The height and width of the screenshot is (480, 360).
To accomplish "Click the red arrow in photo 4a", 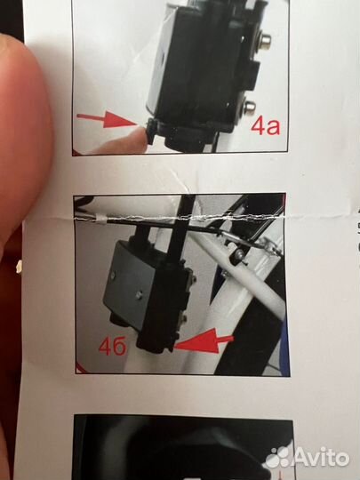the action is tap(108, 119).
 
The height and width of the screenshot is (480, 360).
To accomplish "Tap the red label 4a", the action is tap(265, 126).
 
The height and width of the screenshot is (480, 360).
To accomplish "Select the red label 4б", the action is tap(112, 347).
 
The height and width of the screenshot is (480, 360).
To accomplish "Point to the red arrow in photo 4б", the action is tap(204, 343).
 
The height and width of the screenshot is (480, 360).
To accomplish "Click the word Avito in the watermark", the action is tap(322, 458).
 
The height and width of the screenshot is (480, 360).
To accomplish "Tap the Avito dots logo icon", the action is tap(277, 458).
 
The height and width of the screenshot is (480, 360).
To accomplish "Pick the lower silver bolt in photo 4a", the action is tap(250, 107).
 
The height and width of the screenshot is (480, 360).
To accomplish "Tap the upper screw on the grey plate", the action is tap(113, 276).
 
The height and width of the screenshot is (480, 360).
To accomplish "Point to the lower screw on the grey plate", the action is tap(139, 295).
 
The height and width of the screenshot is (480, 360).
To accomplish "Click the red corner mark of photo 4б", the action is tap(81, 368).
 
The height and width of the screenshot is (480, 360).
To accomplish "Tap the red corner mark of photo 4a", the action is tap(77, 152).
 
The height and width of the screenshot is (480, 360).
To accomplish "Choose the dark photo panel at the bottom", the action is tap(184, 447).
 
